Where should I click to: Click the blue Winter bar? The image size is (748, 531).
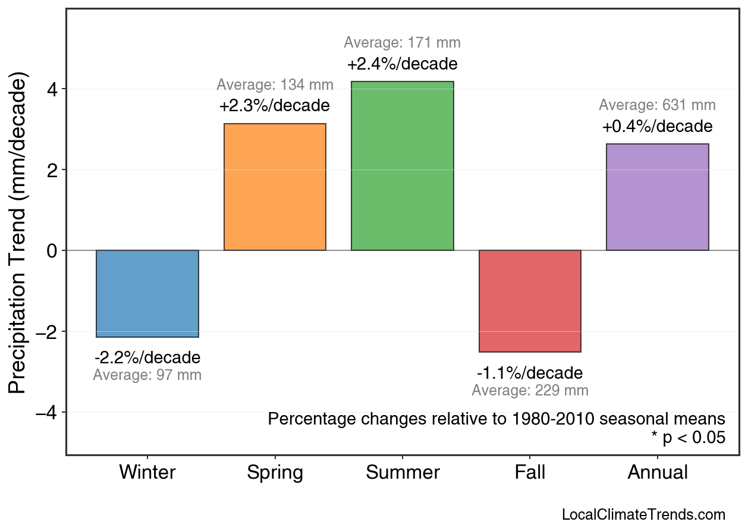tap(147, 294)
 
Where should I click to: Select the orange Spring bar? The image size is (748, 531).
tap(275, 187)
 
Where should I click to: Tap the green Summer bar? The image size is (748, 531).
tap(403, 166)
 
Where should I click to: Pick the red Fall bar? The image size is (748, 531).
tap(530, 301)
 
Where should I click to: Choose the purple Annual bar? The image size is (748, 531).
tap(657, 197)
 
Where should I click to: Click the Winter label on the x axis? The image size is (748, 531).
tap(147, 473)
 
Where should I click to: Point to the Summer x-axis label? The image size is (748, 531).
tap(403, 473)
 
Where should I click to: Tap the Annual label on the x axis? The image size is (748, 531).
tap(657, 473)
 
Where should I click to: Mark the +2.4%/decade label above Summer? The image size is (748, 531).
tap(403, 64)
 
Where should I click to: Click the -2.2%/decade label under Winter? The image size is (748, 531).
tap(147, 358)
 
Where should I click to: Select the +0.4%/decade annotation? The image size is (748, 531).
tap(657, 127)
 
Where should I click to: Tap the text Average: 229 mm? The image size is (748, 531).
tap(530, 391)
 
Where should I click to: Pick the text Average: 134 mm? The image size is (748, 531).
tap(275, 85)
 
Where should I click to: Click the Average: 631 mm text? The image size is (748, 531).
tap(657, 105)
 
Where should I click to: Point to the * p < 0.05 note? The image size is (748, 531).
tap(688, 438)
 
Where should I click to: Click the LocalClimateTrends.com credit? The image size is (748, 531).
tap(643, 514)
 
